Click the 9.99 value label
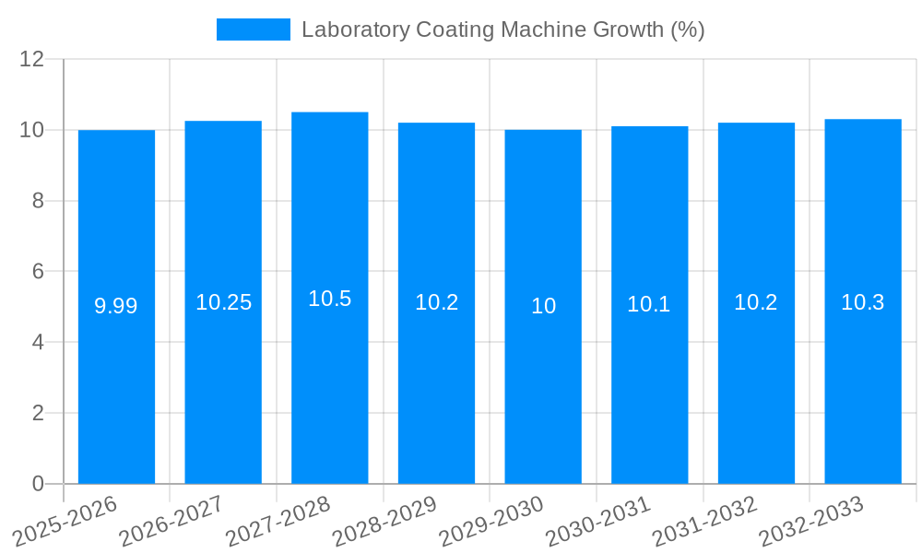click(x=116, y=306)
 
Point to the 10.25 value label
click(x=223, y=302)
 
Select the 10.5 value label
click(x=330, y=299)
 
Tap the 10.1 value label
click(x=649, y=304)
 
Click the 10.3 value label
click(x=863, y=302)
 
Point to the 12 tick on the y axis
click(x=32, y=60)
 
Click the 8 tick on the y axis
click(x=38, y=201)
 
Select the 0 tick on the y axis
click(x=38, y=484)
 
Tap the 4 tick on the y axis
click(x=38, y=343)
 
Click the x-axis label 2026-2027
click(x=171, y=521)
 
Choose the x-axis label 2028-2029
click(x=384, y=521)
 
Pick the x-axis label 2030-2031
click(x=598, y=521)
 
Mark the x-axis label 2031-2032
click(x=705, y=521)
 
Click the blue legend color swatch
click(x=254, y=29)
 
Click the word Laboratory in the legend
click(x=355, y=29)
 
